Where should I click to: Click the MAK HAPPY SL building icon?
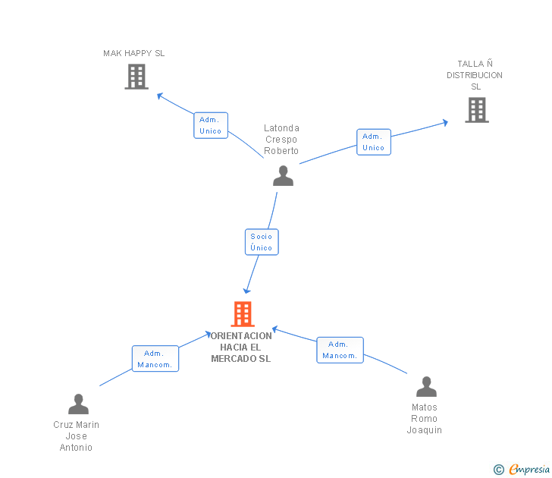[x=136, y=77]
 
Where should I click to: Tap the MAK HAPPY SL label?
[x=133, y=53]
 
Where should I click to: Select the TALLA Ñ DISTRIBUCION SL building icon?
[x=477, y=110]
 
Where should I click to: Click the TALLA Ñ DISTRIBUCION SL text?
[x=475, y=75]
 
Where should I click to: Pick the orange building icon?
[x=243, y=314]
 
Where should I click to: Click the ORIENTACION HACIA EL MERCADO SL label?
[x=241, y=347]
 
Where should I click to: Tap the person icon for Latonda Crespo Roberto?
[x=283, y=176]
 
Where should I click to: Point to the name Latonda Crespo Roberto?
[x=281, y=139]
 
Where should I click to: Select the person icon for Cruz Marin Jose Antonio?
[x=79, y=404]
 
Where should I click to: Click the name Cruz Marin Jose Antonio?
[x=76, y=436]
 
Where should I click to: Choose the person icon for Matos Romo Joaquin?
[x=426, y=386]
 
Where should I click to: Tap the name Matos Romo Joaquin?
[x=424, y=419]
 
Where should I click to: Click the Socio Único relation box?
[x=262, y=242]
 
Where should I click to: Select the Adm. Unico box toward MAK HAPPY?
[x=211, y=125]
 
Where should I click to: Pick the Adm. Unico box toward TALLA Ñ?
[x=374, y=142]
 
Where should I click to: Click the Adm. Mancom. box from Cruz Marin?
[x=155, y=359]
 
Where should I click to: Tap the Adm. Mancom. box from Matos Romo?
[x=340, y=350]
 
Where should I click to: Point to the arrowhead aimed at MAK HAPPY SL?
[x=159, y=96]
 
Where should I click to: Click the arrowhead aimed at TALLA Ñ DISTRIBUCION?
[x=445, y=123]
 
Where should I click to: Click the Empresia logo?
[x=522, y=469]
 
